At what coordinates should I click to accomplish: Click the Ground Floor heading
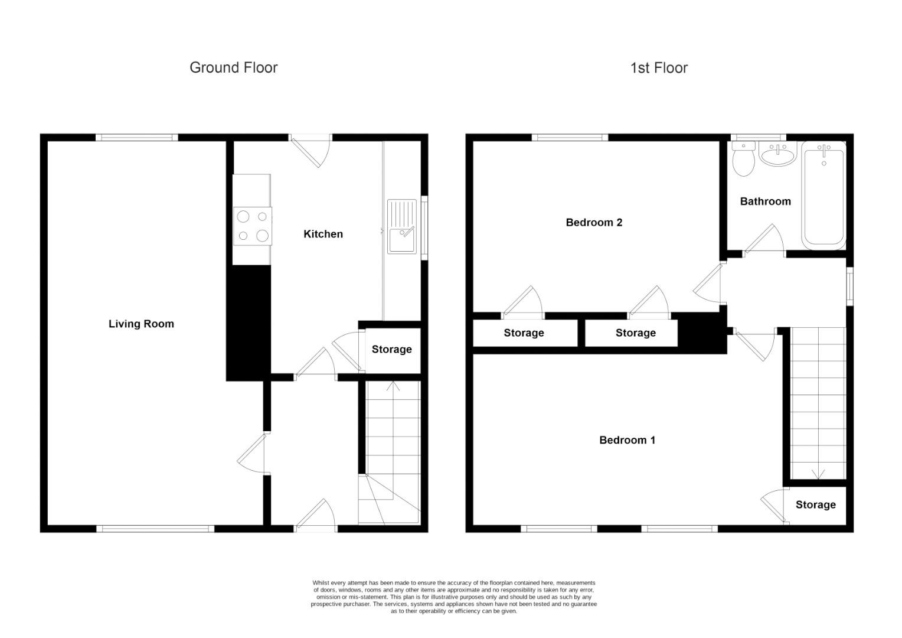(233, 67)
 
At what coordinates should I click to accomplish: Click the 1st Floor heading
(659, 68)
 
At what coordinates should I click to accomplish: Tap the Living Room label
(141, 324)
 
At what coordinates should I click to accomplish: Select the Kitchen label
(323, 234)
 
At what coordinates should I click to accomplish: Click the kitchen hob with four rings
(253, 226)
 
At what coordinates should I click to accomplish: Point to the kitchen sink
(402, 227)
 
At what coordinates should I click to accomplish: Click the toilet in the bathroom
(743, 159)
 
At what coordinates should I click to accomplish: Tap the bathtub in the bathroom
(823, 195)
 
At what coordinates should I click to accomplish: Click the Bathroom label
(765, 201)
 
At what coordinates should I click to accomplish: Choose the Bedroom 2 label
(594, 223)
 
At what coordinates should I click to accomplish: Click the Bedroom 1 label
(627, 440)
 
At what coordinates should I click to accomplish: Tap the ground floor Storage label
(391, 350)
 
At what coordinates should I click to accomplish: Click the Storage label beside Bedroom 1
(815, 504)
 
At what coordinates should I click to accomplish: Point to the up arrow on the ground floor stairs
(394, 388)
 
